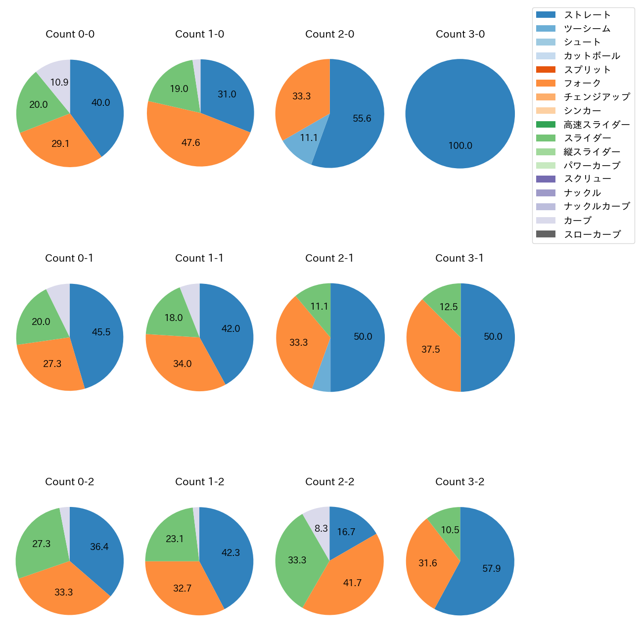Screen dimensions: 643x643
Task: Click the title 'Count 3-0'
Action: click(x=460, y=34)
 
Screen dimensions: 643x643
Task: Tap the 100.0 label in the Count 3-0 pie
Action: click(x=460, y=146)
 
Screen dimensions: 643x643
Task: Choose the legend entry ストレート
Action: click(x=587, y=15)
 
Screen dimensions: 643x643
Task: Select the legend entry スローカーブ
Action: click(x=592, y=234)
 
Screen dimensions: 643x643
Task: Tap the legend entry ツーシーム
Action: click(x=587, y=29)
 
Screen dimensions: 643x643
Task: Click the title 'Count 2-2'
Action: click(x=329, y=482)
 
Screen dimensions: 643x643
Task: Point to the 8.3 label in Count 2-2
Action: click(x=321, y=528)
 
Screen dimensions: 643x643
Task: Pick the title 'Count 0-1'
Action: click(x=69, y=258)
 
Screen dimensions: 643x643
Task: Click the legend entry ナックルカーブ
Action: click(x=597, y=206)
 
